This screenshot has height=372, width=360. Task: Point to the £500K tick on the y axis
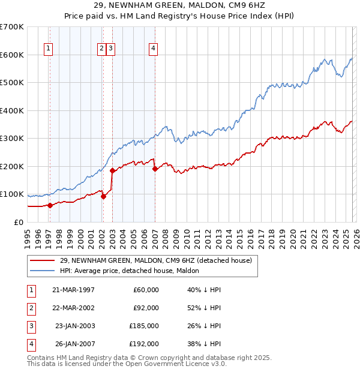pos(13,82)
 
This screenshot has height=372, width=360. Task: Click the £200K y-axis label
pos(13,166)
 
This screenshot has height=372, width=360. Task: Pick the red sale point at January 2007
pos(155,169)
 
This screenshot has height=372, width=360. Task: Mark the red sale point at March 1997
pos(50,205)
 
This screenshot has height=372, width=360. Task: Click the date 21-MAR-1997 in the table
pos(73,290)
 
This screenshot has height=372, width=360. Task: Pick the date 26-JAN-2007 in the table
pos(73,344)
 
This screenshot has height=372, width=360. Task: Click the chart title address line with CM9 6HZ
pos(180,7)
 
